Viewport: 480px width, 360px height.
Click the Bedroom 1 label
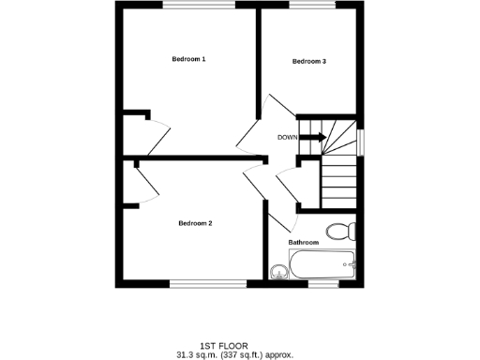click(188, 59)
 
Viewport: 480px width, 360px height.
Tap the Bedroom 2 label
click(196, 223)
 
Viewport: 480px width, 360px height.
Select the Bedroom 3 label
click(309, 62)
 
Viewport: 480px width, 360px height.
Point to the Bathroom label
click(304, 243)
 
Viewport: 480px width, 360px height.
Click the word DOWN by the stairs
click(288, 138)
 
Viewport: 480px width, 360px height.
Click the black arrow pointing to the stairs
click(314, 138)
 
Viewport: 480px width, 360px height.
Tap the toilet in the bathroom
click(337, 231)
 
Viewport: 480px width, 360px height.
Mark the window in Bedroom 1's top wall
click(199, 6)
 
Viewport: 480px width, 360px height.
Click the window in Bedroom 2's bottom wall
click(207, 282)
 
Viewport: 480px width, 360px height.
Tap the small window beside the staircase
click(361, 139)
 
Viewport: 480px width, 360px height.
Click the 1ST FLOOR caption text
click(234, 345)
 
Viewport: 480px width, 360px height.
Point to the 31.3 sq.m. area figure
click(197, 354)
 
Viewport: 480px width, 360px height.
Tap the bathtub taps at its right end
click(351, 267)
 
